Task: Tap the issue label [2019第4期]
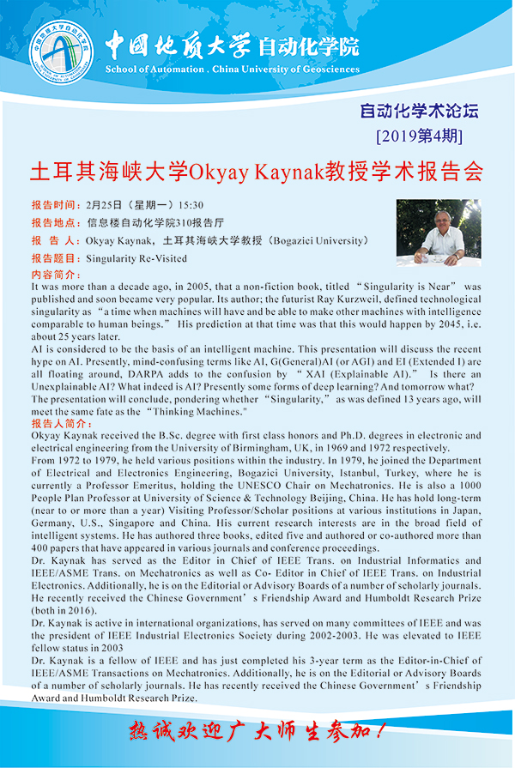click(x=420, y=136)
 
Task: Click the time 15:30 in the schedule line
click(x=191, y=206)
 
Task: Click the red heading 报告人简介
click(x=59, y=423)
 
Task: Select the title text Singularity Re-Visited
click(x=136, y=257)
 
